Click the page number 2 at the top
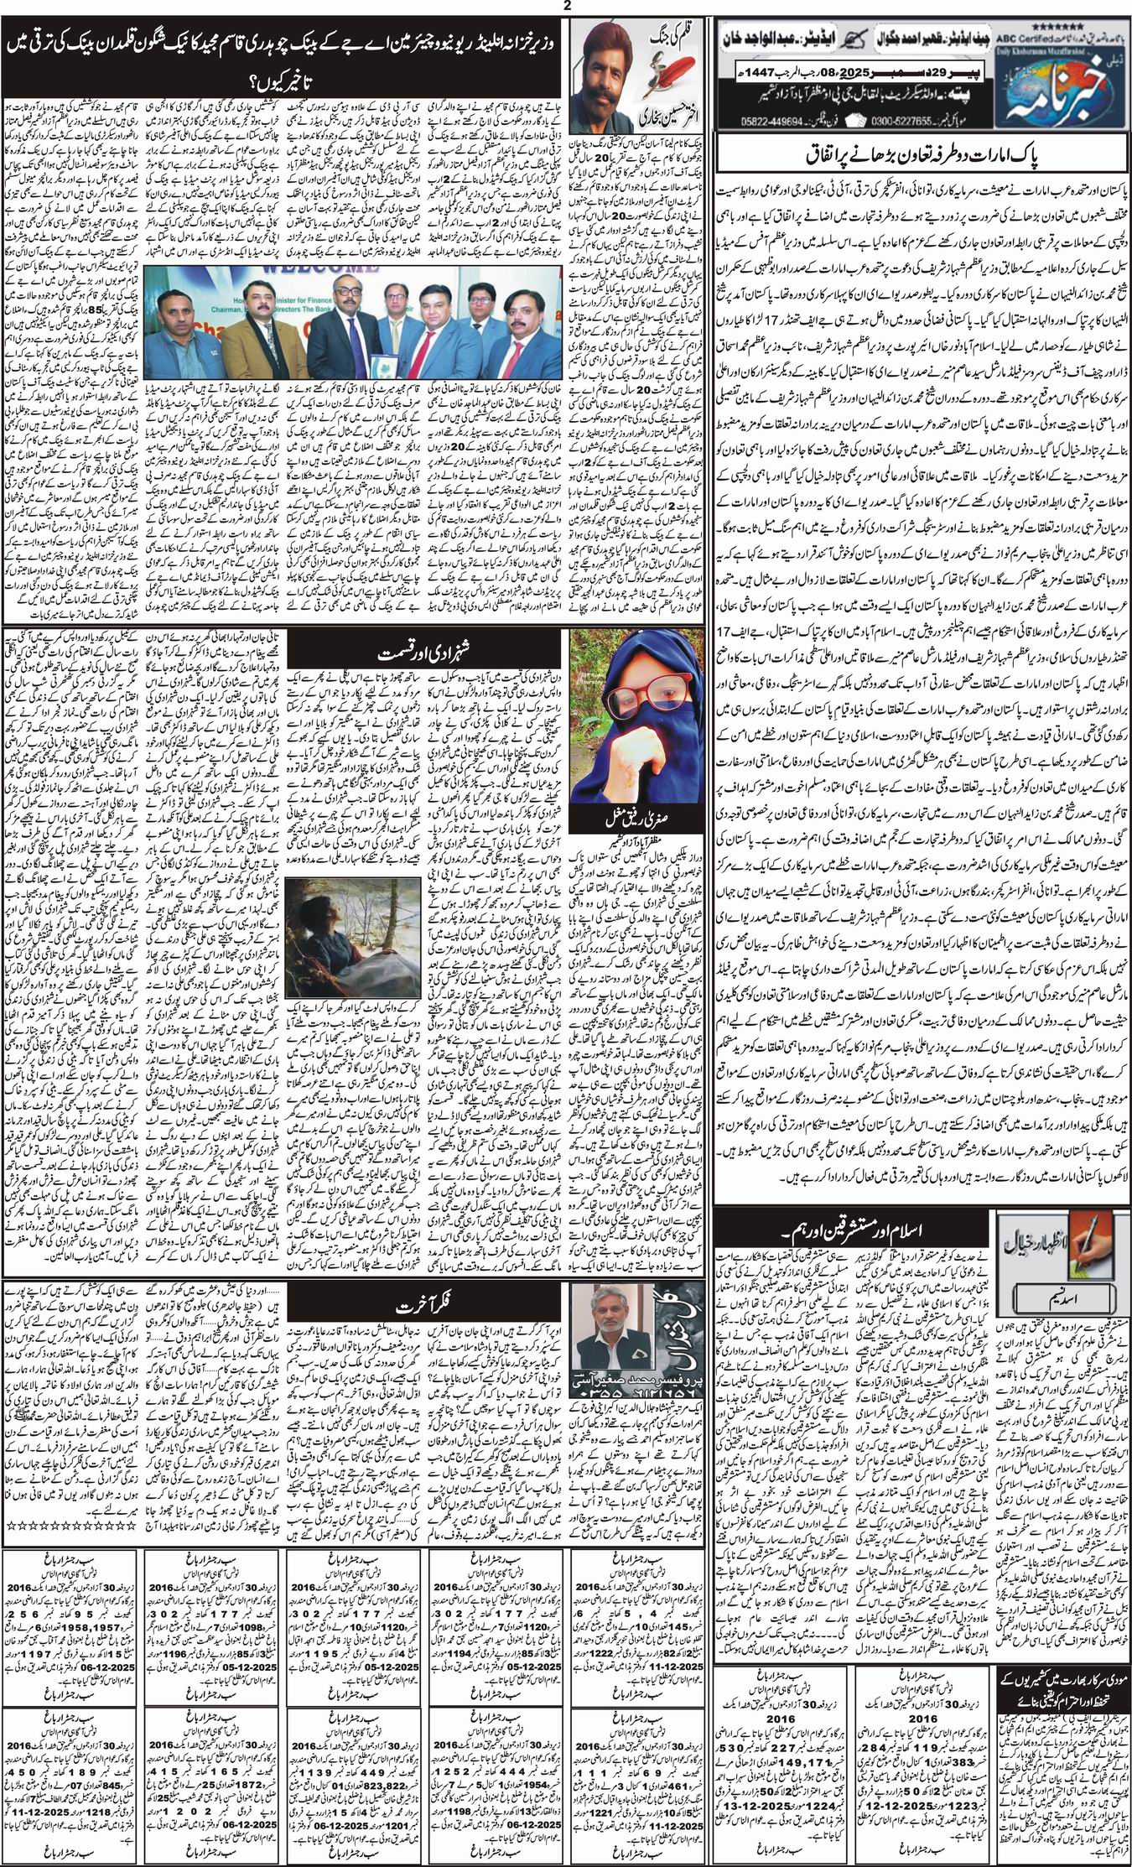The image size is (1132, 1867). click(x=566, y=7)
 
